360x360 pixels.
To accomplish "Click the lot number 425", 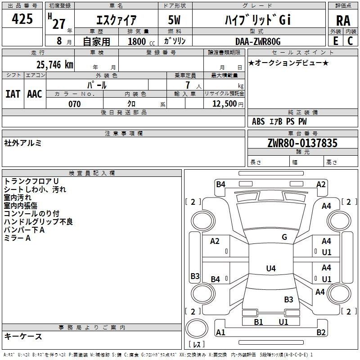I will click(x=22, y=19).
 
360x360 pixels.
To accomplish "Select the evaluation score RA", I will click(x=343, y=21).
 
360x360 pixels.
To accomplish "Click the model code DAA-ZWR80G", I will click(x=257, y=41).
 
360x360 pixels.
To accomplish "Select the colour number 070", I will click(x=74, y=104).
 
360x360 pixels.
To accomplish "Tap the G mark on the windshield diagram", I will click(x=284, y=237).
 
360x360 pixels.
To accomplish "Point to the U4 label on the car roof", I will click(x=270, y=269).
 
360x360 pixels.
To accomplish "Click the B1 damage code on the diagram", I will click(x=258, y=322).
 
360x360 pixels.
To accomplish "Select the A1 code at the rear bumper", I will click(x=220, y=333).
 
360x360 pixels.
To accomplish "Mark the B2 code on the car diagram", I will click(x=321, y=333).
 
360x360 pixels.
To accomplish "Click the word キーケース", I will click(x=23, y=336).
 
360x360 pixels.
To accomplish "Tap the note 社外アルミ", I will click(x=23, y=143).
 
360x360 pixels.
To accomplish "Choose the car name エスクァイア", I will click(x=117, y=20).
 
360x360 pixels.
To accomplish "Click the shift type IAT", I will click(x=13, y=94).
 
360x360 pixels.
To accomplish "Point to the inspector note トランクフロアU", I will click(x=31, y=181).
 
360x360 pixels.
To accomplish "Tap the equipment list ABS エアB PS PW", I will click(x=279, y=121).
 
